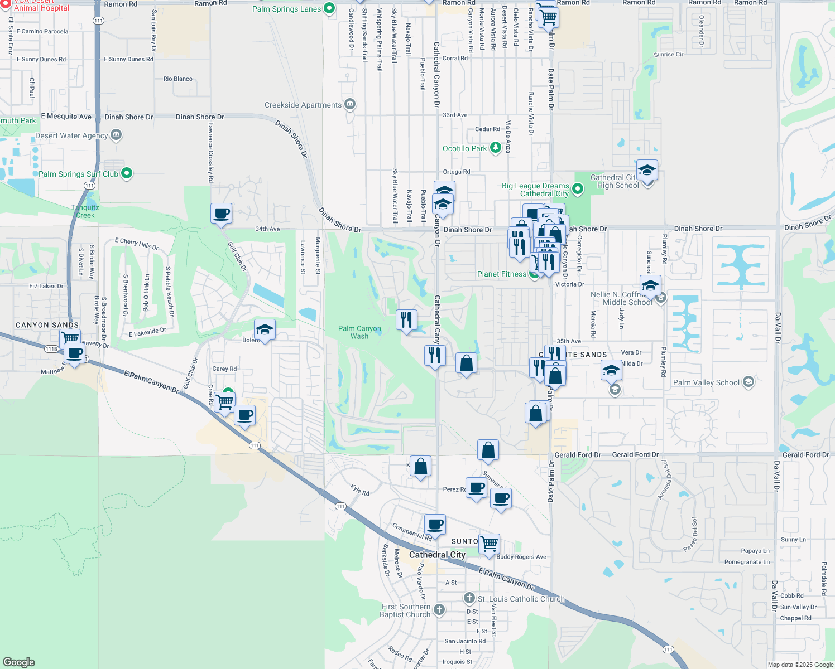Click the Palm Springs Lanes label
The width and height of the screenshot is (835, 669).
coord(286,9)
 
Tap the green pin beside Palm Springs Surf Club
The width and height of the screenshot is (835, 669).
coord(127,173)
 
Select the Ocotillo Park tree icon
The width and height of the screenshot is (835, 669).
coord(495,148)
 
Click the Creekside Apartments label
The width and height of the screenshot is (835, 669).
coord(303,105)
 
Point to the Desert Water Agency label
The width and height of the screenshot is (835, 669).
coord(71,135)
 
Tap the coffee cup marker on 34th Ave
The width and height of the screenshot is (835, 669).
coord(222,214)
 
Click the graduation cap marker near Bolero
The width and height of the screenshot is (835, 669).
coord(265,329)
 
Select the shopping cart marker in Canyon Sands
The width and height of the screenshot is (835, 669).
coord(70,338)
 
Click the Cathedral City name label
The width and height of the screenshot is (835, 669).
coord(437,555)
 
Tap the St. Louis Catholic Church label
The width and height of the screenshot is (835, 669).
coord(521,599)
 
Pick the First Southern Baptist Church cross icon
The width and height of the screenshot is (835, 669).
coord(439,610)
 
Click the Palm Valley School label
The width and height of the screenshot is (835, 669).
coord(706,382)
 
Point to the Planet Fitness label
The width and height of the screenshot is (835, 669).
coord(501,274)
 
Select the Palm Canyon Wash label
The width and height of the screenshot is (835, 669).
coord(359,332)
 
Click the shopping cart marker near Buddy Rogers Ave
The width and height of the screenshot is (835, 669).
coord(489,543)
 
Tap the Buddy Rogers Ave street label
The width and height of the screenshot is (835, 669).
coord(521,557)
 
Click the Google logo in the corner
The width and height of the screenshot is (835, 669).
coord(18,662)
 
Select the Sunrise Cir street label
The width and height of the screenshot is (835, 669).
coord(668,55)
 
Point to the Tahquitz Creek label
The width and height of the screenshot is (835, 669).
coord(85,211)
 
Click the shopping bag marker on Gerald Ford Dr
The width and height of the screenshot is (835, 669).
coord(488,449)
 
